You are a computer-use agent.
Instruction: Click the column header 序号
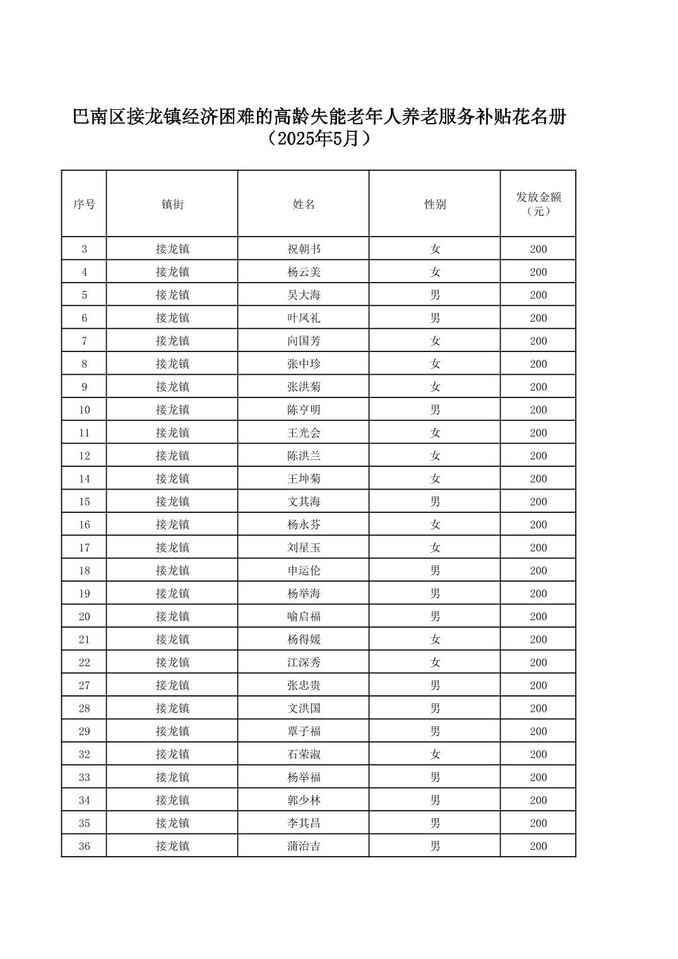click(84, 204)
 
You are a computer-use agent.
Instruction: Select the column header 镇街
click(172, 204)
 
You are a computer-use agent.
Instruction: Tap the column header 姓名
click(304, 204)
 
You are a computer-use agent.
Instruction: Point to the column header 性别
click(435, 204)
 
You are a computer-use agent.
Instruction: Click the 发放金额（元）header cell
click(538, 204)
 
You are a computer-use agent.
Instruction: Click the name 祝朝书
click(304, 249)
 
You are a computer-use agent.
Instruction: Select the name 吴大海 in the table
click(304, 295)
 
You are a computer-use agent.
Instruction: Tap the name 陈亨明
click(304, 410)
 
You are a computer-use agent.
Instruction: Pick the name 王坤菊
click(304, 479)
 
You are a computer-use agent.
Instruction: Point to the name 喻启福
click(304, 616)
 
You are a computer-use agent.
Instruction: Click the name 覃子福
click(304, 731)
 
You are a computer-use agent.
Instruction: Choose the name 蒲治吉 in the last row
click(304, 846)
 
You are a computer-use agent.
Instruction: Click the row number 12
click(84, 456)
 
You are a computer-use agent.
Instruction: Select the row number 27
click(84, 685)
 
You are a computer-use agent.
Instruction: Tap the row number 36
click(84, 846)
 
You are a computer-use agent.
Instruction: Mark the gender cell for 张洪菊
click(435, 387)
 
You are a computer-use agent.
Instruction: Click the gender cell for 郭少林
click(435, 800)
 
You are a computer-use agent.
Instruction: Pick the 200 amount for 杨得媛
click(538, 639)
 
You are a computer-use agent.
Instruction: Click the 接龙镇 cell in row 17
click(172, 548)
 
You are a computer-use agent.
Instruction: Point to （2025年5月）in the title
click(319, 139)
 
